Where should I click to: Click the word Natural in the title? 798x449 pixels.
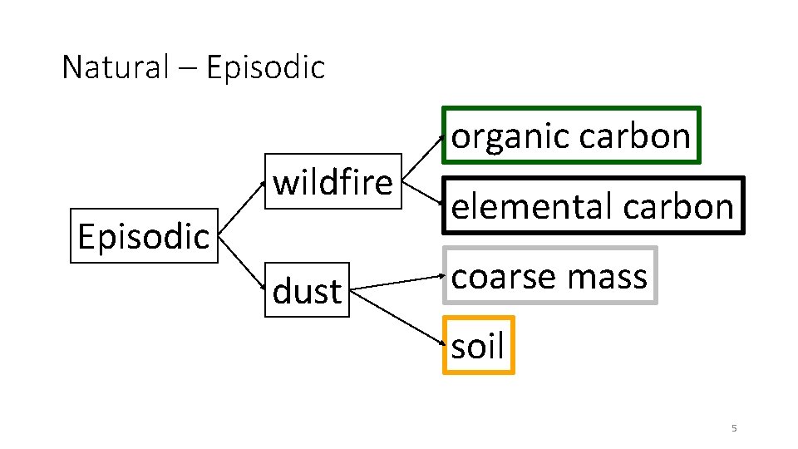(115, 67)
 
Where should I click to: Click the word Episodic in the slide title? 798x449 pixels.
(265, 67)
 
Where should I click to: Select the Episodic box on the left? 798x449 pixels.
(143, 235)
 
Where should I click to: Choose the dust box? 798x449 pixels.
(307, 291)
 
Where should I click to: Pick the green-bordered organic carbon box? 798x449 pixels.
(571, 135)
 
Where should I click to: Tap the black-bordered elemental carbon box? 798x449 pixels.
(593, 205)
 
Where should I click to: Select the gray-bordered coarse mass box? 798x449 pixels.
(549, 276)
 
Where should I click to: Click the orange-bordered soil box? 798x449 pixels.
(478, 345)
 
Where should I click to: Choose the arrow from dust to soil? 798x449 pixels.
(397, 317)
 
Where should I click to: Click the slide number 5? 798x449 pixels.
(734, 428)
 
